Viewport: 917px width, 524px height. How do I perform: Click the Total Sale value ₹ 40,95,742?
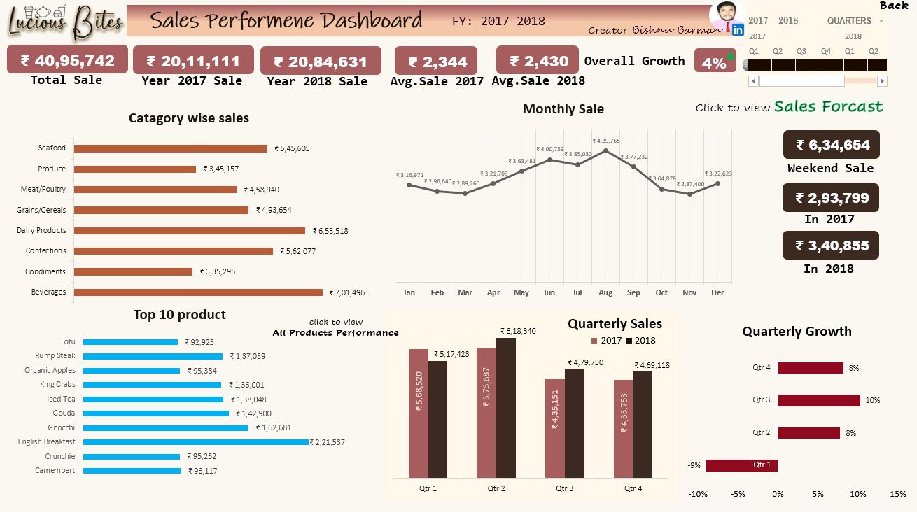(67, 60)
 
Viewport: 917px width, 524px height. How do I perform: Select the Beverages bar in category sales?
(198, 292)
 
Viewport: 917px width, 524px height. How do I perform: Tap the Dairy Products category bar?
(190, 230)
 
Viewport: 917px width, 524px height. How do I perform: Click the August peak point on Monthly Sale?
(605, 150)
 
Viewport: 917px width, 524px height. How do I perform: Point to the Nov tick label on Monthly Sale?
(689, 292)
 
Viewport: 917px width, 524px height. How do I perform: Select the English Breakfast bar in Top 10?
(196, 442)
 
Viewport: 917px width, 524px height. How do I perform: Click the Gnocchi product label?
(62, 427)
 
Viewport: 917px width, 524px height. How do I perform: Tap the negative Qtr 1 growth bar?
(741, 465)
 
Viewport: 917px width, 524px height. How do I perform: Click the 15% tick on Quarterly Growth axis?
(898, 494)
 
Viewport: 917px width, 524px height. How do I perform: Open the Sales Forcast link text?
(828, 107)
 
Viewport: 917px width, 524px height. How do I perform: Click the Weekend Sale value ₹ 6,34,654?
(832, 145)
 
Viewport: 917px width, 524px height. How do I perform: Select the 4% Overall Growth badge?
(715, 62)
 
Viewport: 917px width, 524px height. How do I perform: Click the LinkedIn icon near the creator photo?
(737, 29)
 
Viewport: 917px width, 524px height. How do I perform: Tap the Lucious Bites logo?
(64, 20)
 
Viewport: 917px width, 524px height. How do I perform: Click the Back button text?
(894, 6)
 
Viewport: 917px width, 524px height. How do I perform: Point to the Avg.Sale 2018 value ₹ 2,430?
(538, 61)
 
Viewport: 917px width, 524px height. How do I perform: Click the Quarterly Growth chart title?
(797, 332)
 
